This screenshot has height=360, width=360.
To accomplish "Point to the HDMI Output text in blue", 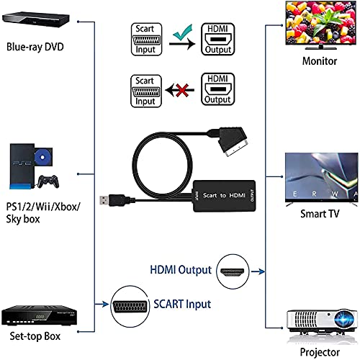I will pos(181,270).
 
